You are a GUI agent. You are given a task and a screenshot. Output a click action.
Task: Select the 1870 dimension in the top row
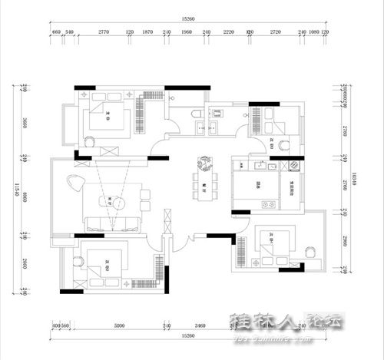(148, 32)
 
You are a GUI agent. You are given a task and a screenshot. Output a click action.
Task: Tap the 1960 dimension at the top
(187, 32)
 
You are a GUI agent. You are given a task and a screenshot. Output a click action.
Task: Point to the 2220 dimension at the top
(228, 32)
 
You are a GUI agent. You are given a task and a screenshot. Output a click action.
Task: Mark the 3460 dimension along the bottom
(200, 325)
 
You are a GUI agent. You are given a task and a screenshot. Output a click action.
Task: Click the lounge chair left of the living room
(74, 182)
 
